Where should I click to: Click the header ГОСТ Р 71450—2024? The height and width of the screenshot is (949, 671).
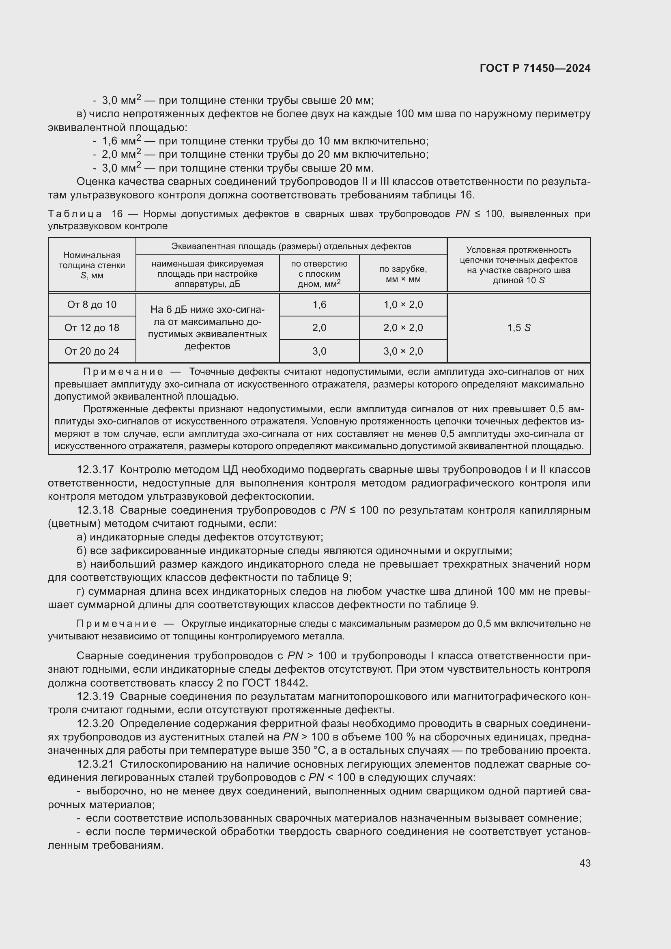coord(535,68)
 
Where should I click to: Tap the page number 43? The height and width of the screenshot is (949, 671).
coord(585,863)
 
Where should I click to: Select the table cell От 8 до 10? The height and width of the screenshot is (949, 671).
coord(92,305)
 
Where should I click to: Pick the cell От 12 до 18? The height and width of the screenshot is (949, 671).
coord(92,328)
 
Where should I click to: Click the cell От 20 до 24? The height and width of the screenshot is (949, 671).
coord(92,351)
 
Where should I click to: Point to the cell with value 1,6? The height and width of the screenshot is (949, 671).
coord(319,305)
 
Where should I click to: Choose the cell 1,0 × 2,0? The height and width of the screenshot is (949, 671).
coord(403,305)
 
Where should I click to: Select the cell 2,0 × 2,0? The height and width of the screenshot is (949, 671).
coord(403,328)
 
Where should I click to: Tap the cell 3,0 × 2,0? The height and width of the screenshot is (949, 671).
coord(403,351)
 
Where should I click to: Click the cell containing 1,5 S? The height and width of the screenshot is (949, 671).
coord(518,328)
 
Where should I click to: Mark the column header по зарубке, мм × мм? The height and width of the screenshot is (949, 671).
coord(403,273)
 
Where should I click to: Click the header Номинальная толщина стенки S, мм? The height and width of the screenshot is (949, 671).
coord(92,265)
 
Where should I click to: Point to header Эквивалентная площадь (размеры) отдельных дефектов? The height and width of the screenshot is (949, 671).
coord(291,246)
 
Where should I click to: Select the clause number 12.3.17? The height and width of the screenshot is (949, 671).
coord(95,469)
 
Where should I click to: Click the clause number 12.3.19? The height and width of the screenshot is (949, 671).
coord(95,697)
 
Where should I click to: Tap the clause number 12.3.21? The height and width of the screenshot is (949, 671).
coord(95,764)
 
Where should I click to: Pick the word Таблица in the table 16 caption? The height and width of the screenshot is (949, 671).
coord(75,214)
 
